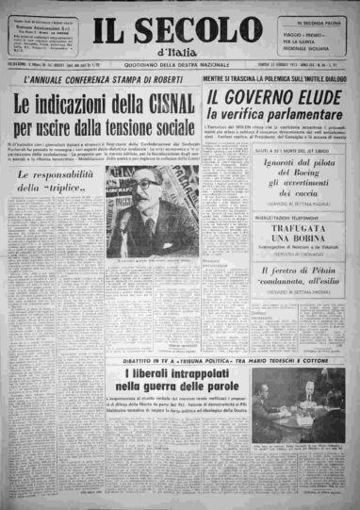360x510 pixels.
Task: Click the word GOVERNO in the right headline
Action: (268, 98)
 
